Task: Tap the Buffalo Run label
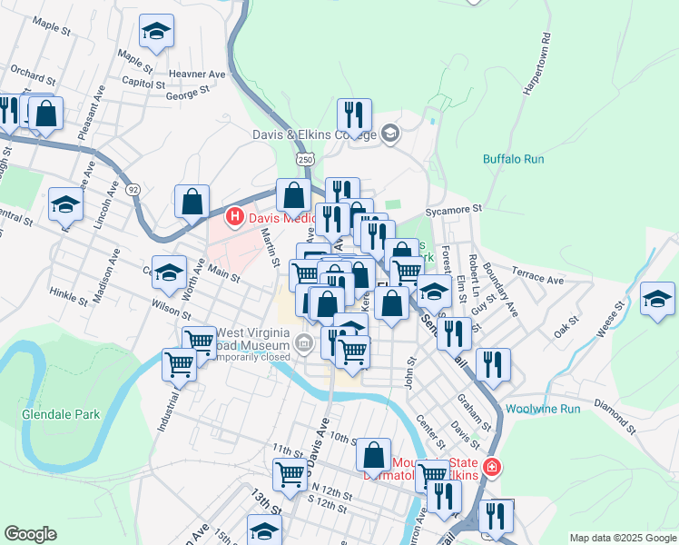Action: [x=513, y=159]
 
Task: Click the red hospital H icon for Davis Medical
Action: [x=234, y=217]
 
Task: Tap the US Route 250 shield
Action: [x=306, y=159]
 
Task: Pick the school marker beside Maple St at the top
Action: [x=156, y=33]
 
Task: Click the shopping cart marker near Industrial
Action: [x=179, y=364]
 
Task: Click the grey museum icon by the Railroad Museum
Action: [x=304, y=342]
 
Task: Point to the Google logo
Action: [x=30, y=534]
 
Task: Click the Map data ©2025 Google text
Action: [x=622, y=538]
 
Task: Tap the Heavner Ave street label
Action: [x=197, y=74]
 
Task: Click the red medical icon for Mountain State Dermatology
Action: [x=491, y=467]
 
